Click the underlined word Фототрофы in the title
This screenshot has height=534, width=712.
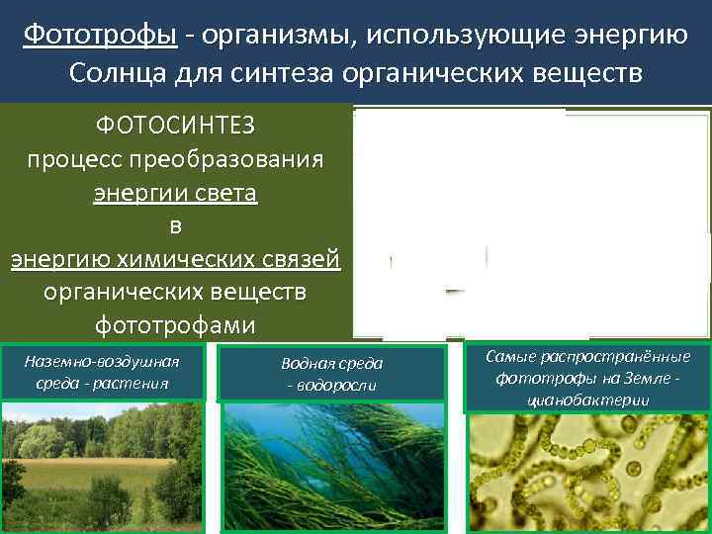pyautogui.click(x=100, y=37)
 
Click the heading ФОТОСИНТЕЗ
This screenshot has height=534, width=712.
pyautogui.click(x=175, y=126)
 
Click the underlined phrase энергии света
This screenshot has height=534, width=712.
pyautogui.click(x=175, y=193)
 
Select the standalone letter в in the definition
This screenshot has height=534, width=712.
pyautogui.click(x=175, y=226)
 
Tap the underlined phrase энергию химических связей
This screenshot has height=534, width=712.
pyautogui.click(x=175, y=260)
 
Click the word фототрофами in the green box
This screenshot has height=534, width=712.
pyautogui.click(x=175, y=325)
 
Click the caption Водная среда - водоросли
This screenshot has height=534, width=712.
pyautogui.click(x=332, y=374)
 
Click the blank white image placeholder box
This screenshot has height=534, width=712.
pyautogui.click(x=471, y=222)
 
